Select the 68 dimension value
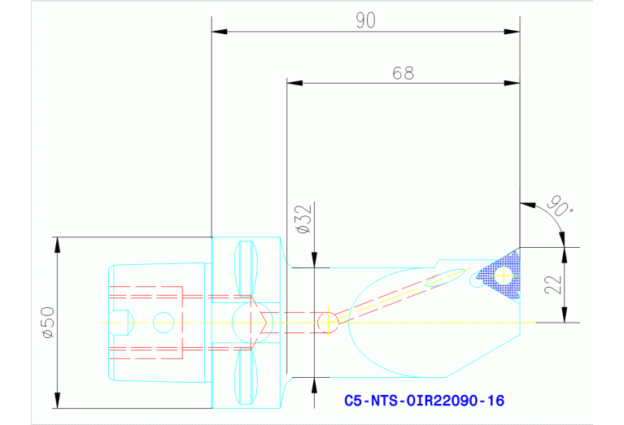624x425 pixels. click(x=403, y=73)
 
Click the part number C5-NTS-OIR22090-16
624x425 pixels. click(x=424, y=401)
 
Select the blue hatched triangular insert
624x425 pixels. click(x=499, y=272)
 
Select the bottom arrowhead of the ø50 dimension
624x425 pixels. click(x=57, y=403)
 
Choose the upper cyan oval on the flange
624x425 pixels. click(x=247, y=268)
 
